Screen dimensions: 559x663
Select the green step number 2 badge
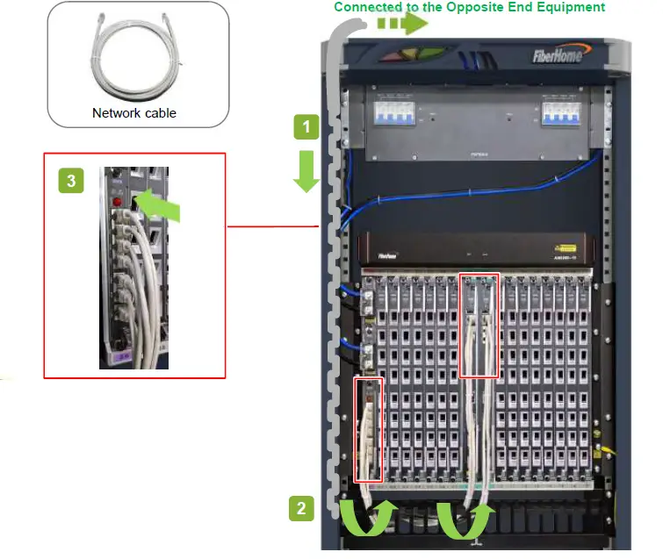point(301,507)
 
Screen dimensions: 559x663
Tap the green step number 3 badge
point(71,181)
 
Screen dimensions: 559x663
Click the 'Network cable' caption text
point(134,113)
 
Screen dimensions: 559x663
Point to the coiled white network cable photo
point(137,58)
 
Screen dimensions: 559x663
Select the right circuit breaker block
point(563,114)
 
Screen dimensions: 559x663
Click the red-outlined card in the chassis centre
point(479,325)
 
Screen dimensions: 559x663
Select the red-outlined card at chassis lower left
point(369,430)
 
